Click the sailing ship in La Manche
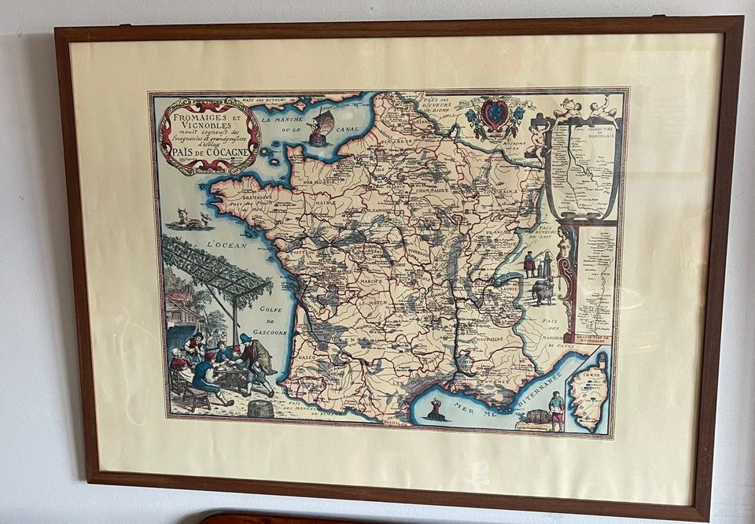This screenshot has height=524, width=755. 320,127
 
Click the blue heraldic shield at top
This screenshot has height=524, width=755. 494,116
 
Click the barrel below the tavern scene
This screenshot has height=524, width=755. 260,408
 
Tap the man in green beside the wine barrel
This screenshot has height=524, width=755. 557,409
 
